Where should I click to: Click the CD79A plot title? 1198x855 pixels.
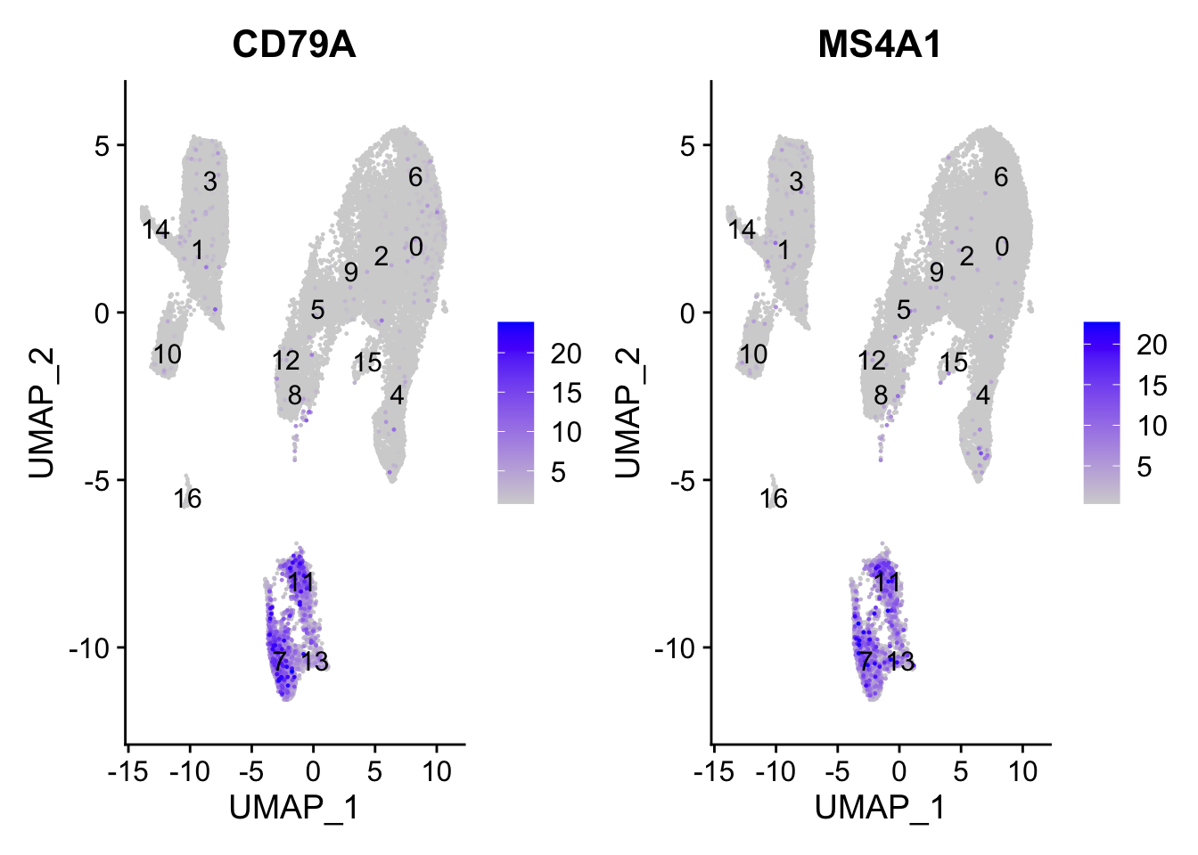click(293, 45)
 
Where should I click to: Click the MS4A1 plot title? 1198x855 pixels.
click(879, 45)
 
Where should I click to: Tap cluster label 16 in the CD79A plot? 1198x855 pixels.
click(188, 499)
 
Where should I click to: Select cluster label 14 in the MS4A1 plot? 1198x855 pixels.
click(741, 230)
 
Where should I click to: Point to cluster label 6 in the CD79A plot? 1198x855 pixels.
click(415, 177)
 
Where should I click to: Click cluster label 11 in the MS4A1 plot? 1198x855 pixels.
click(887, 582)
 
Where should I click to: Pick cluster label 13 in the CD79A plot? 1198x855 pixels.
click(315, 662)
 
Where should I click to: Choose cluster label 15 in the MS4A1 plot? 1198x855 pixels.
click(954, 362)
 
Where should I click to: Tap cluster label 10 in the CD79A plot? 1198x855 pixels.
click(167, 354)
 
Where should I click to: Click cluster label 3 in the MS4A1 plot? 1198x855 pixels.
click(796, 182)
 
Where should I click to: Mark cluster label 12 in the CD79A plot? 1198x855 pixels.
click(286, 361)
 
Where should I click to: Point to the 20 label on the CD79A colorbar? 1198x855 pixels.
click(566, 354)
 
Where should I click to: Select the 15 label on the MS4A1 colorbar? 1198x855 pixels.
click(1153, 386)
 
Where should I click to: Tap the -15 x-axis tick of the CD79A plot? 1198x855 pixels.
click(127, 771)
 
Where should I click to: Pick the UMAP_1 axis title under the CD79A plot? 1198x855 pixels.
click(293, 808)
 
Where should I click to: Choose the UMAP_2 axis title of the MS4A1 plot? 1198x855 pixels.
click(628, 412)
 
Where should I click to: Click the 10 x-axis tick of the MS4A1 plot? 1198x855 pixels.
click(1023, 771)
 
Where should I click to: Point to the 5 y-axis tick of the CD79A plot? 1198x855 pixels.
click(103, 146)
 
